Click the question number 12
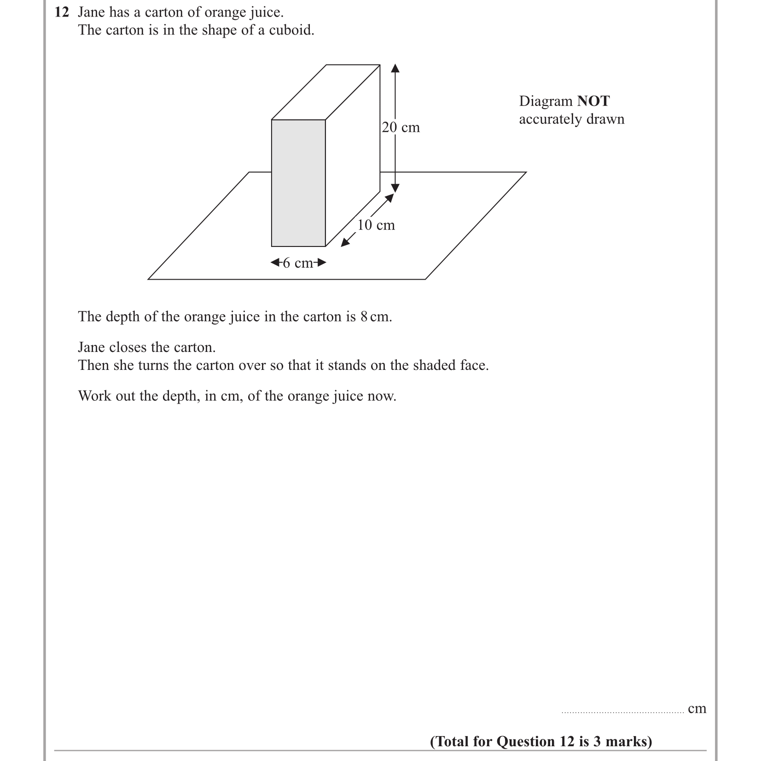click(62, 12)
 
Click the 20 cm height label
click(401, 128)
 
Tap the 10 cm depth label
click(376, 225)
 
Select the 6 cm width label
click(298, 263)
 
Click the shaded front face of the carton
click(298, 183)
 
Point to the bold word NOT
click(593, 101)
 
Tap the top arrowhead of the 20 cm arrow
click(395, 68)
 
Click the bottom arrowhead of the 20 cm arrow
click(395, 188)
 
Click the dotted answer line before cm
click(622, 712)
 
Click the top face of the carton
click(326, 92)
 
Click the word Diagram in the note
click(546, 101)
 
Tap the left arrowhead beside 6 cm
click(275, 263)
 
